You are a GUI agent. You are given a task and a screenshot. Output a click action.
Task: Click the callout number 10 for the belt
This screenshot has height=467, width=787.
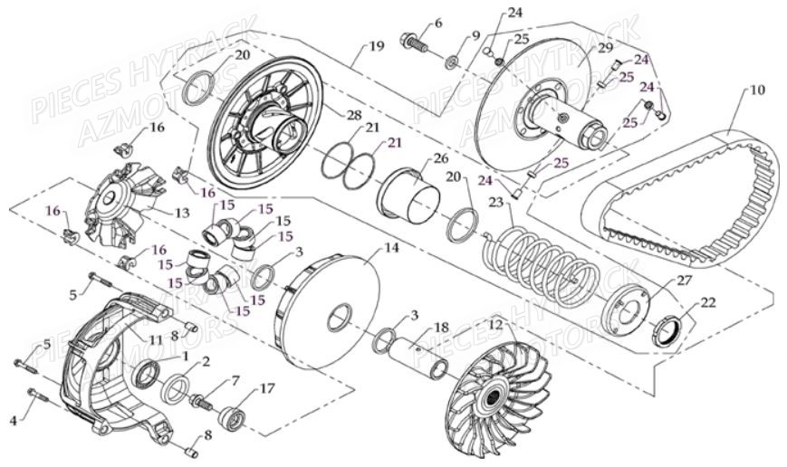coord(757,91)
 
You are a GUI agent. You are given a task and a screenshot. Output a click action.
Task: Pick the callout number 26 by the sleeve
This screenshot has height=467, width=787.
coord(441,158)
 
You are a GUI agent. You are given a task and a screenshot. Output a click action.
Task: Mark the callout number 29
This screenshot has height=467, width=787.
coord(605,46)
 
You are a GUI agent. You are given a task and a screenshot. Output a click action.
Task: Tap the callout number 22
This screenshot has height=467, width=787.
coord(706,302)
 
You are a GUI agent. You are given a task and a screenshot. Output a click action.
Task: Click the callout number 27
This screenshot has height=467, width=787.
coord(685,281)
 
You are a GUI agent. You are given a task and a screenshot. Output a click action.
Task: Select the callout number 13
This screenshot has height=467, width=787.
coord(181,214)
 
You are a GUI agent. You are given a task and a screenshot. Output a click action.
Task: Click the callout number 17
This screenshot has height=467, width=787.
coord(267,390)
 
